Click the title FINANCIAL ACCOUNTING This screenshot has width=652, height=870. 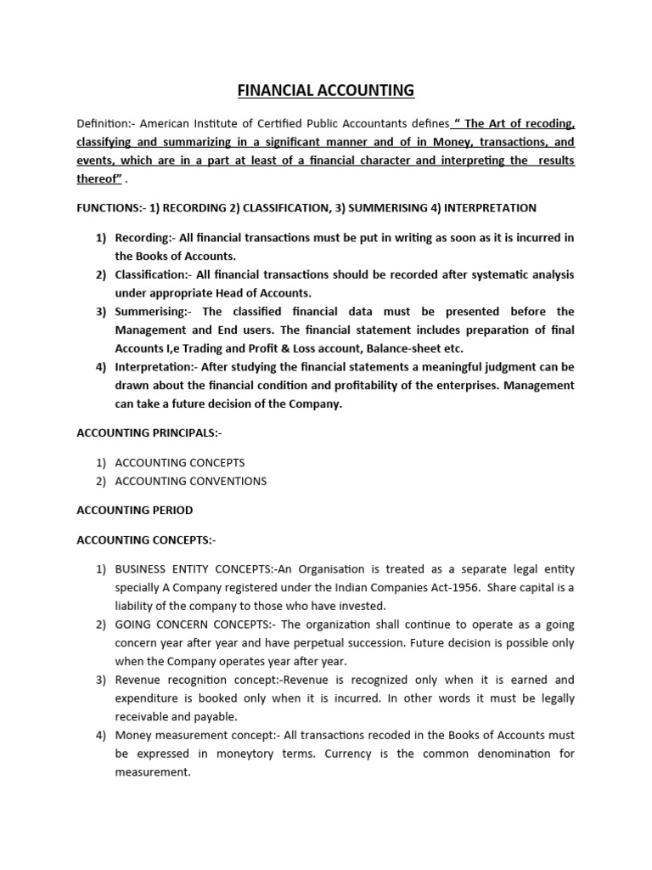(x=326, y=89)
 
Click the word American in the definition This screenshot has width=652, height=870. (x=169, y=125)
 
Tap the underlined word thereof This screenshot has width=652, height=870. (x=95, y=178)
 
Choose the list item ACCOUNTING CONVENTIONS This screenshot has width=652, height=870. (x=191, y=481)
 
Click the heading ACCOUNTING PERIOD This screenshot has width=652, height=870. (x=134, y=511)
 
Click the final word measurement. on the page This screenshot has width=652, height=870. (x=149, y=771)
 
